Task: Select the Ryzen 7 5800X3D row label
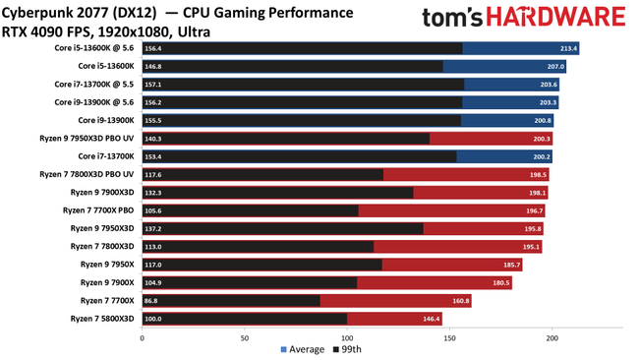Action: tap(102, 319)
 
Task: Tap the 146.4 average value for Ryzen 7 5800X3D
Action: tap(431, 319)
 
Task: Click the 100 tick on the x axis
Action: tap(347, 336)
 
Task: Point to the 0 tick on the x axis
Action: tap(143, 336)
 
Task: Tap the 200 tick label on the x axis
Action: tap(552, 336)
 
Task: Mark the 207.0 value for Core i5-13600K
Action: tap(555, 66)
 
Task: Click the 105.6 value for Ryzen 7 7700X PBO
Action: tap(153, 210)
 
